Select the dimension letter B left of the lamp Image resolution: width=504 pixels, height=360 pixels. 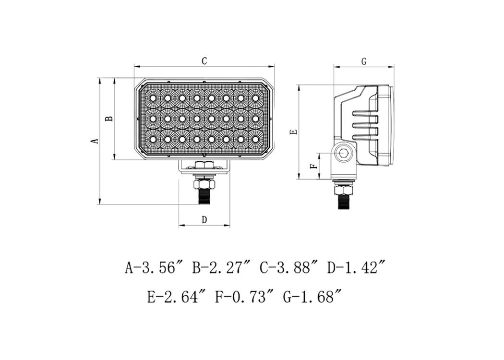tap(110, 119)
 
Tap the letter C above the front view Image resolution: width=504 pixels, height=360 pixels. tap(204, 61)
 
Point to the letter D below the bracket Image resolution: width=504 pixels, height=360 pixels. tap(204, 220)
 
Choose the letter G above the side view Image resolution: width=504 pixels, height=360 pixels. tap(364, 61)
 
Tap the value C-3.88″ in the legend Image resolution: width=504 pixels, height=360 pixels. tap(288, 267)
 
